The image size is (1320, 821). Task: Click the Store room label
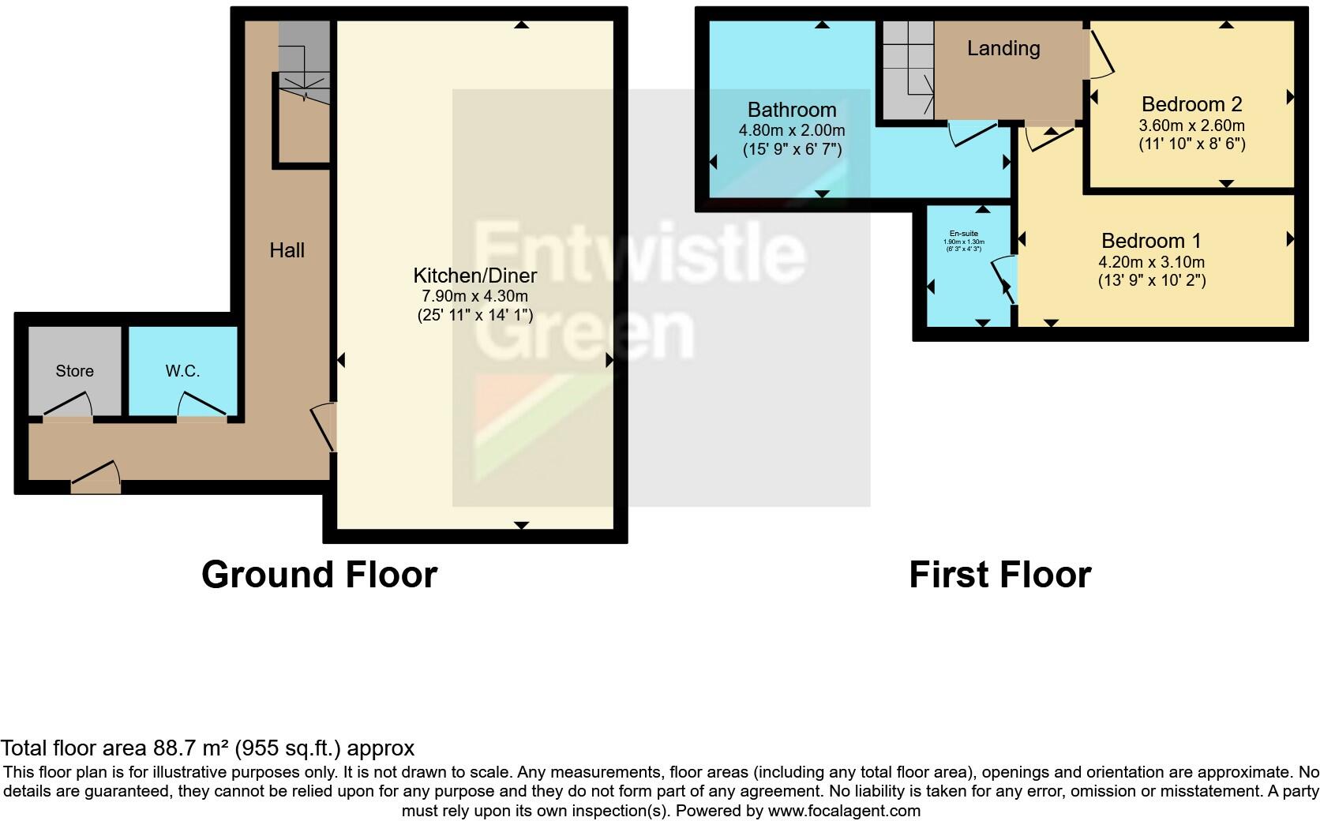(x=74, y=371)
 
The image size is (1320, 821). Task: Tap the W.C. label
(x=182, y=371)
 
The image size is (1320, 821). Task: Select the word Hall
(x=287, y=251)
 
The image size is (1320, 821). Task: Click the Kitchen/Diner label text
(x=475, y=276)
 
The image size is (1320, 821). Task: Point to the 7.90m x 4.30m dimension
(x=475, y=297)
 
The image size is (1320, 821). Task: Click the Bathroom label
(x=792, y=110)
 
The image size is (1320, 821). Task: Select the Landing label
(x=1003, y=48)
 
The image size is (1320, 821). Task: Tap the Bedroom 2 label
(x=1191, y=104)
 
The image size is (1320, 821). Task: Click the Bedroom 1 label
(x=1152, y=241)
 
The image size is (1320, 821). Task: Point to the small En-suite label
(x=963, y=234)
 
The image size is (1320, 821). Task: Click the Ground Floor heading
(x=319, y=575)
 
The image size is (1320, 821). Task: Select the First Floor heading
(x=999, y=575)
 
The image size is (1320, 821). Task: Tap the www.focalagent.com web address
(x=844, y=811)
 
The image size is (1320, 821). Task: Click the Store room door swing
(x=69, y=406)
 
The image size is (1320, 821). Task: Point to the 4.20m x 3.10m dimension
(x=1152, y=262)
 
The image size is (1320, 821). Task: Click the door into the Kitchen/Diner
(x=324, y=427)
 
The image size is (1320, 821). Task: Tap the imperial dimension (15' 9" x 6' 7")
(x=792, y=149)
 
